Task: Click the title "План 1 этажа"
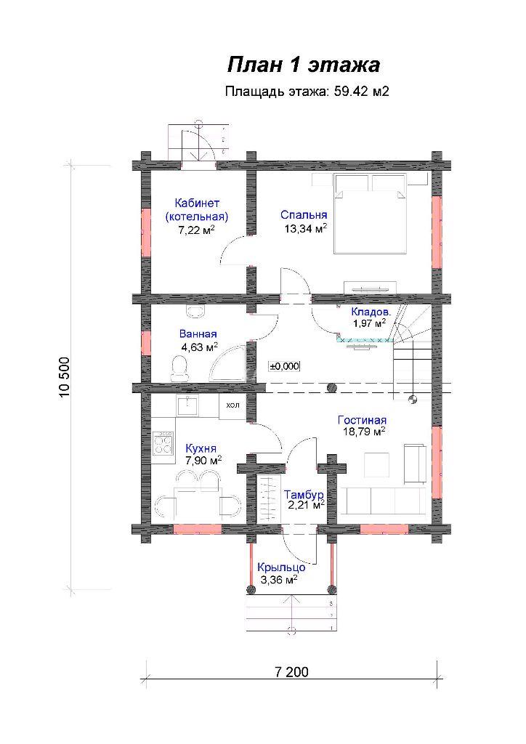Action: (304, 65)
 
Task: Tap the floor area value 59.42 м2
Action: (361, 91)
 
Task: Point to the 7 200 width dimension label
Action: (291, 672)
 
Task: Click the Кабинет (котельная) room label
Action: (197, 210)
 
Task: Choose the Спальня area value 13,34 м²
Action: (306, 229)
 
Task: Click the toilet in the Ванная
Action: (179, 368)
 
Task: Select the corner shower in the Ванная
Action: (228, 363)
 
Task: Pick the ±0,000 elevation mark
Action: (285, 366)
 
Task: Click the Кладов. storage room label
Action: (371, 312)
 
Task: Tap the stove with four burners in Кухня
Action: (163, 442)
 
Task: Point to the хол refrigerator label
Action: (233, 405)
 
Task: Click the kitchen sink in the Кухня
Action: (188, 405)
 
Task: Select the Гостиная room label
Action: (362, 420)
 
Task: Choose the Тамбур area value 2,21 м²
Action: (307, 505)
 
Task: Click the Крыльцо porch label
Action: (281, 567)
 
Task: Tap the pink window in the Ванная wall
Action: (145, 343)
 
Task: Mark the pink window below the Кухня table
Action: (198, 529)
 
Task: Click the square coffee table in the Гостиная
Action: (376, 464)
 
